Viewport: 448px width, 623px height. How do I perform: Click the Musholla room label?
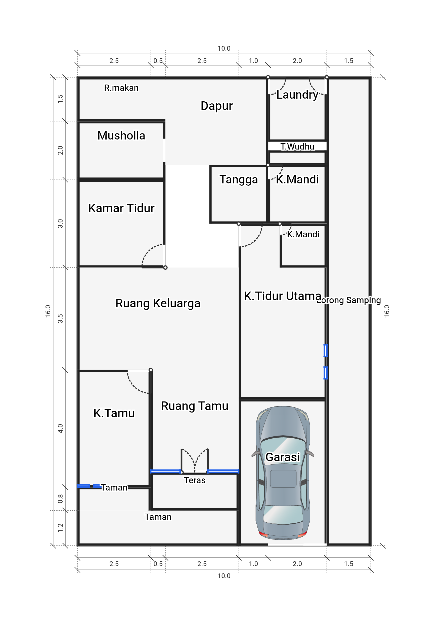[121, 135]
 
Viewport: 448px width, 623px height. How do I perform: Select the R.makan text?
[121, 88]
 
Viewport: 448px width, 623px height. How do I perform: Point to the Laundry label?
[297, 95]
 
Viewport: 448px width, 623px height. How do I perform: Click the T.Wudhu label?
[297, 147]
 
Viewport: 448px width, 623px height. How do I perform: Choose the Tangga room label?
[239, 180]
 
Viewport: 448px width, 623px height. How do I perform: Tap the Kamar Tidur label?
[121, 208]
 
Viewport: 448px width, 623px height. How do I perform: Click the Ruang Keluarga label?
[158, 304]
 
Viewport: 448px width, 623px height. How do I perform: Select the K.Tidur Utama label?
[283, 296]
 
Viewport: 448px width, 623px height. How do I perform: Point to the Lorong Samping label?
[349, 300]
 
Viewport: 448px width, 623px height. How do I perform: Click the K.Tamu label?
[114, 413]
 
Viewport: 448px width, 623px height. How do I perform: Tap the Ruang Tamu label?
[195, 406]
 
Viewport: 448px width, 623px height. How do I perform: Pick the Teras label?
[195, 480]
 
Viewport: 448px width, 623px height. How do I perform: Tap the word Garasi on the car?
[283, 457]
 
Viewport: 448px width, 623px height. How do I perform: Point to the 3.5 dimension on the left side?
[60, 319]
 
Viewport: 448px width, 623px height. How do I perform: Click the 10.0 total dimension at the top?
[224, 49]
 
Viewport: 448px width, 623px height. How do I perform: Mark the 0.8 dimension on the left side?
[60, 499]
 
